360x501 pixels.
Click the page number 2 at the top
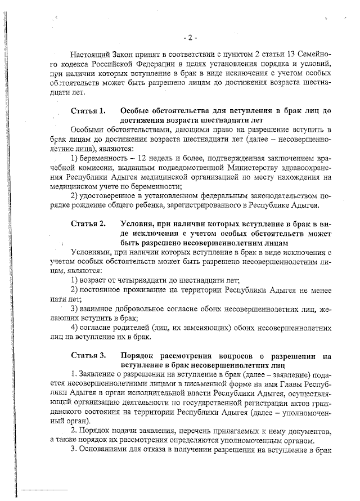click(x=190, y=38)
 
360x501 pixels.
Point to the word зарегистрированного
click(x=188, y=205)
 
